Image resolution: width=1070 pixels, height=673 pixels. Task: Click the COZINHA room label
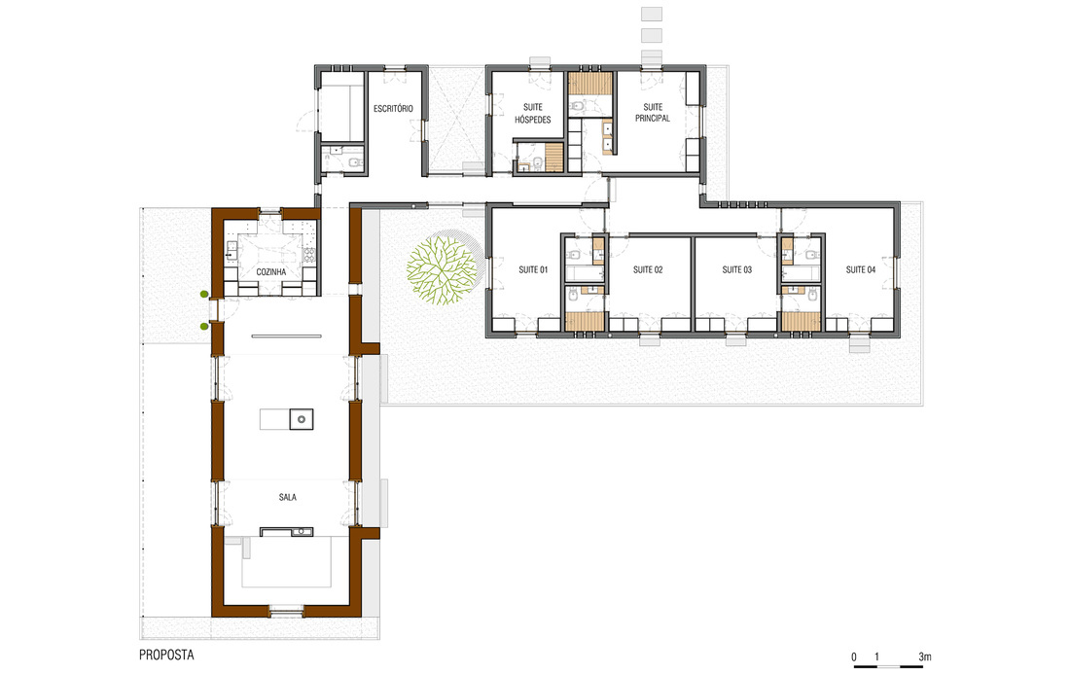tap(271, 271)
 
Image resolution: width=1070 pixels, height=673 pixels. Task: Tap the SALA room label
tap(287, 497)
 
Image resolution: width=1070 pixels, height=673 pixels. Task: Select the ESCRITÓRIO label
tap(393, 109)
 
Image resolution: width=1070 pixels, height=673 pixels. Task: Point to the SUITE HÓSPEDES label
tap(533, 114)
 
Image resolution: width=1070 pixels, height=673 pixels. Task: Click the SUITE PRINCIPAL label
tap(653, 113)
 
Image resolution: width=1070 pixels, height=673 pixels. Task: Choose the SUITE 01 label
tap(533, 269)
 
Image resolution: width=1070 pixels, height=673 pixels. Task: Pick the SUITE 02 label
tap(648, 269)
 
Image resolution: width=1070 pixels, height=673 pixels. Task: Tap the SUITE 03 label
tap(737, 269)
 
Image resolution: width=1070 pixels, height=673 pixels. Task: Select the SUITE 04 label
tap(861, 269)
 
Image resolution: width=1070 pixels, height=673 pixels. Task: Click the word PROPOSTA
tap(166, 655)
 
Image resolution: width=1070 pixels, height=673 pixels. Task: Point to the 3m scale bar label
tap(925, 656)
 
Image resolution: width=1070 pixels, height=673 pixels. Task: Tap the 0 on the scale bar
tap(854, 657)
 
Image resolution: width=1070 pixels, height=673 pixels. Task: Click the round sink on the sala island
tap(301, 419)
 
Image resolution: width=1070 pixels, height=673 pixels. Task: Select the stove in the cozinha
tap(309, 255)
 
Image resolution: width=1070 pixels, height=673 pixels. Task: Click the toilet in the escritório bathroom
tap(354, 162)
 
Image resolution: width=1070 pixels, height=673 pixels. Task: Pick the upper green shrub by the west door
tap(203, 294)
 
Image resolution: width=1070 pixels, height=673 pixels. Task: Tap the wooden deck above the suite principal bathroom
tap(590, 85)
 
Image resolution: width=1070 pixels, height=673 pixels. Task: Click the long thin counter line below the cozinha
tap(286, 336)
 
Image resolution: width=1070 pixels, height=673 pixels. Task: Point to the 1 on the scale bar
tap(876, 657)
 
